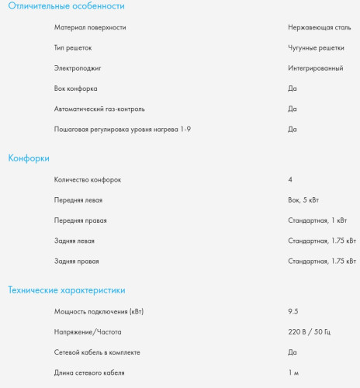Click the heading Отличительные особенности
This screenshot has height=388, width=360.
pos(66,6)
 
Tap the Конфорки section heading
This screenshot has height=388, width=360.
pos(29,158)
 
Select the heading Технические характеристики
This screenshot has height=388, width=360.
pos(66,290)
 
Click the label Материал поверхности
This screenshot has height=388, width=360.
pos(90,27)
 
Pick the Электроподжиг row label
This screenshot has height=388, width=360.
pos(78,68)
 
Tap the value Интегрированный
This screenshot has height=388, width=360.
pos(315,68)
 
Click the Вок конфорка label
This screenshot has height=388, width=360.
pos(76,88)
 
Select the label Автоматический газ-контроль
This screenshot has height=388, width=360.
pos(99,109)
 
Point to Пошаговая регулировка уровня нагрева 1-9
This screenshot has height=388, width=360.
pos(122,129)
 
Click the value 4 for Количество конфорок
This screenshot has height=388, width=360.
pos(290,179)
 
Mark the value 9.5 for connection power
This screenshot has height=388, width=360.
pos(293,312)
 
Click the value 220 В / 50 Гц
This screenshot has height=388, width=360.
pos(309,332)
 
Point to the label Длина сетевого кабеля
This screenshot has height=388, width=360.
pos(89,373)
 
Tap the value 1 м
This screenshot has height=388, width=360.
pos(293,373)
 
